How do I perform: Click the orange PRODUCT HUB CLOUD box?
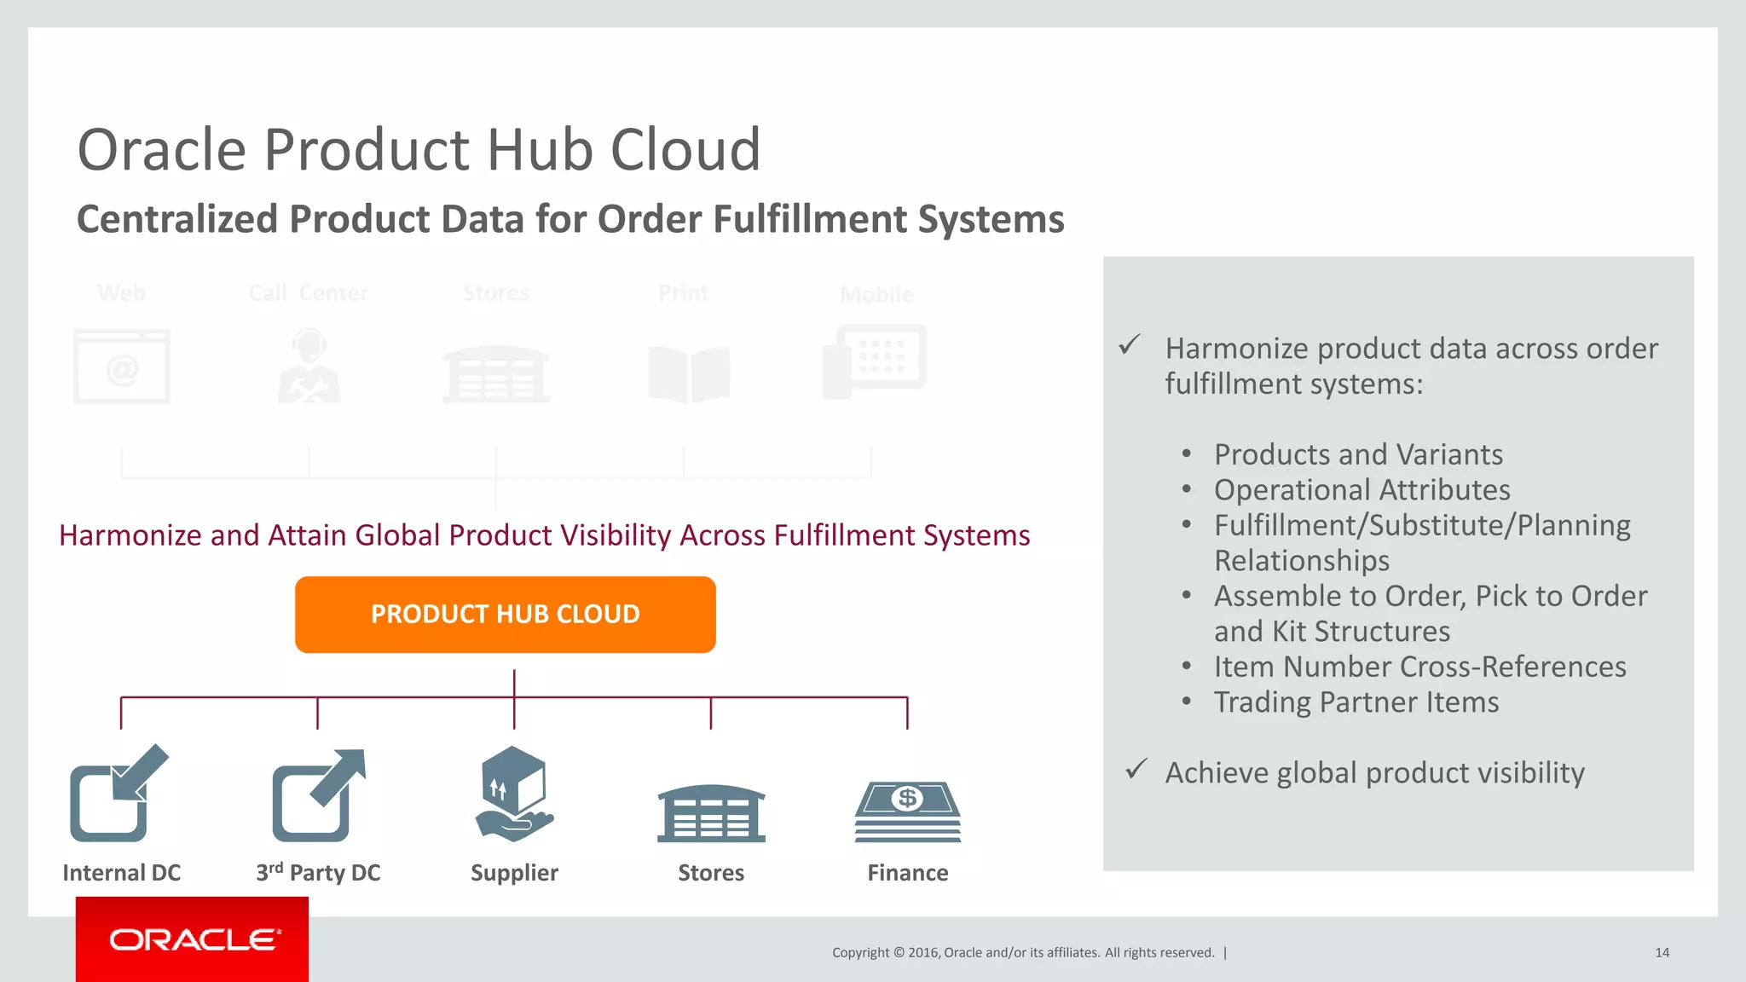[x=505, y=615]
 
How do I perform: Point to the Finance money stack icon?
[x=907, y=812]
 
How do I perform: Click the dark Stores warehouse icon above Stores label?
[x=711, y=814]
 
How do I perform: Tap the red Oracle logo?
[x=193, y=939]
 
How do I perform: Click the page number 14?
[x=1662, y=953]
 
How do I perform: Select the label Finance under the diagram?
[x=907, y=873]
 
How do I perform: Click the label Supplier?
[x=514, y=873]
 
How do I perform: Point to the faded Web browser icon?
[x=122, y=367]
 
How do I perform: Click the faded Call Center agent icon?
[x=309, y=367]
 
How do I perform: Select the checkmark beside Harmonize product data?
[x=1130, y=345]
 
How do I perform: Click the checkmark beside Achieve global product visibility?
[x=1136, y=770]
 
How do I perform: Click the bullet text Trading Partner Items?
[x=1356, y=702]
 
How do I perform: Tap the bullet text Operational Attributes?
[x=1362, y=490]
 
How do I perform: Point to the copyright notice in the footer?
[x=1023, y=953]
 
